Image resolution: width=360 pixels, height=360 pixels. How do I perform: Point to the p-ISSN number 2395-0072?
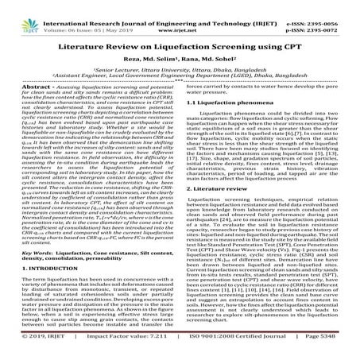point(335,17)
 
